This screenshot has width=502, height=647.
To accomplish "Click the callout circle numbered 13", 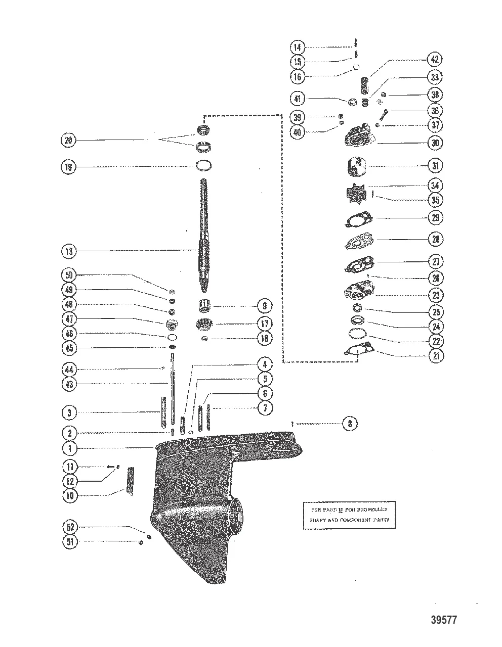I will click(69, 251).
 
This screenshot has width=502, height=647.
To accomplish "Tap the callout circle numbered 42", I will click(434, 59).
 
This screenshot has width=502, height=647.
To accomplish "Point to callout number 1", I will click(69, 448).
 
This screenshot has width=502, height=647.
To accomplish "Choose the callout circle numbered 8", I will click(350, 424).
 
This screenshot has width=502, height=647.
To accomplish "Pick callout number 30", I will click(434, 143).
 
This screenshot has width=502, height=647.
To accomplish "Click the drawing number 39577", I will click(439, 619).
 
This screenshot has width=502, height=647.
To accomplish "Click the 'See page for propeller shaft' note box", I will click(349, 515).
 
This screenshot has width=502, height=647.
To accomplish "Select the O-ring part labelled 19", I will click(203, 166).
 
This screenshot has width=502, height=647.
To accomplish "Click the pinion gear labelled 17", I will click(204, 324).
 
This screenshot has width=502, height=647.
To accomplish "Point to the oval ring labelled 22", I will click(358, 334).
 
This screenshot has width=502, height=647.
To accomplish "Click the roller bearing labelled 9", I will click(204, 306).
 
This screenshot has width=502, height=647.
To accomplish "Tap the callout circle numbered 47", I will click(69, 319).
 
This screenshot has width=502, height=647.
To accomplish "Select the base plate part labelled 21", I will click(359, 351).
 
